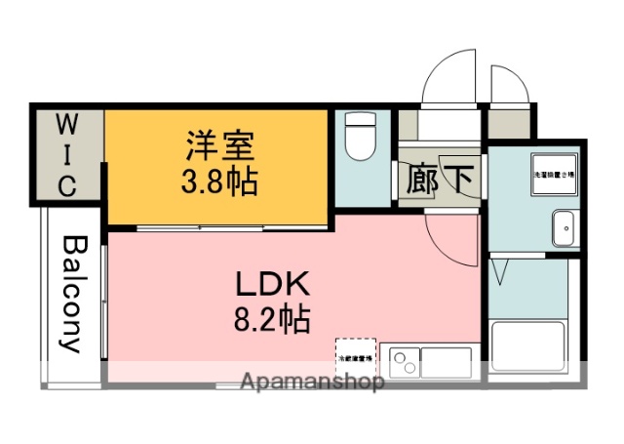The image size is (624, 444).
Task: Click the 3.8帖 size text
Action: coord(219,181)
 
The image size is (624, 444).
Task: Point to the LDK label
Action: coord(272,285)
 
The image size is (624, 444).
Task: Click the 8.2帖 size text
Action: coord(272,317)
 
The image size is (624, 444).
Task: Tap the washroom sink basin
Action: coord(564,229)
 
